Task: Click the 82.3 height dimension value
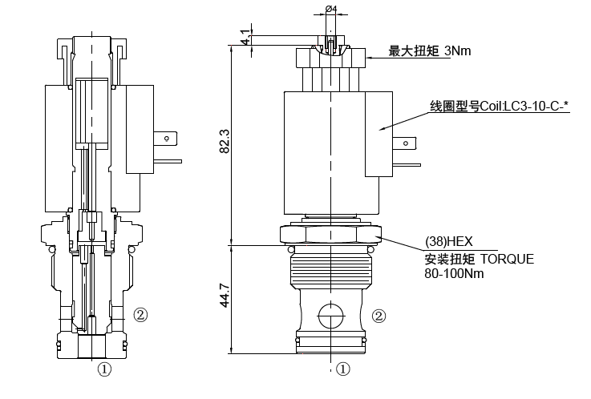point(225,142)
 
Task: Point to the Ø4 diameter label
point(331,10)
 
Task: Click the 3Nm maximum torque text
point(457,51)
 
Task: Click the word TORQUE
point(506,259)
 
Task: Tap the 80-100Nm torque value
point(455,273)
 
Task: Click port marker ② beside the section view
point(140,314)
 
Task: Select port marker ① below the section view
point(104,369)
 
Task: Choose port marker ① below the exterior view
point(343,369)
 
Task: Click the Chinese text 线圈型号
point(454,105)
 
